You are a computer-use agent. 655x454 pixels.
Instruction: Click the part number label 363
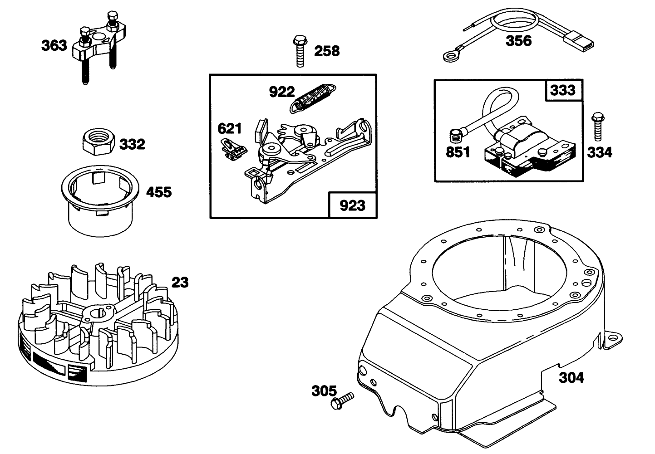coord(54,46)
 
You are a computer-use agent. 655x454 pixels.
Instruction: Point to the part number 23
coord(180,282)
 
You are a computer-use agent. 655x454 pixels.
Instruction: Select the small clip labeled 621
coord(233,149)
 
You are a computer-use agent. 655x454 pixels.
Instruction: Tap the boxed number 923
coord(352,205)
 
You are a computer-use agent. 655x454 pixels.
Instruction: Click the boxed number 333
coord(562,90)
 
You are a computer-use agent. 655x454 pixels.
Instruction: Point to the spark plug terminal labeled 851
coord(455,135)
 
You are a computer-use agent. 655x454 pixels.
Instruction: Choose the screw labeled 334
coord(597,122)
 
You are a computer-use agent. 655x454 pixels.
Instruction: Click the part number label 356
coord(518,41)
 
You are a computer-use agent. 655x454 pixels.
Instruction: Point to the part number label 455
coord(158,192)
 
